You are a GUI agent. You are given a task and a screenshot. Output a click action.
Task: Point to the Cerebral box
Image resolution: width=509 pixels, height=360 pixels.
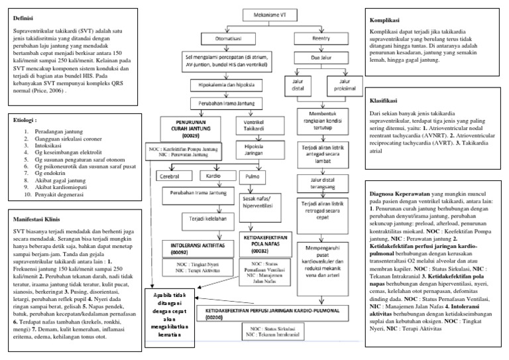point(170,176)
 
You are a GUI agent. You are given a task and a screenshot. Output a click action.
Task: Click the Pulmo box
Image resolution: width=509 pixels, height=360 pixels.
point(251,176)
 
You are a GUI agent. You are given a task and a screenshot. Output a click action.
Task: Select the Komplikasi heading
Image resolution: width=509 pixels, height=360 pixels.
point(387,21)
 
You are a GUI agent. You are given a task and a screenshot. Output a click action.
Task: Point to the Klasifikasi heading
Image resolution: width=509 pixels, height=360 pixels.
point(385,101)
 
